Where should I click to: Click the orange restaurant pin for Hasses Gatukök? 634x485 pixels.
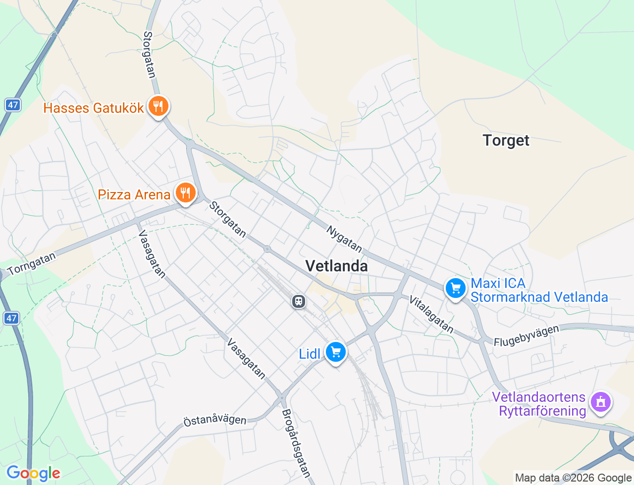[158, 106]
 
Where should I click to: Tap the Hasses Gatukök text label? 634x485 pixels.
[94, 108]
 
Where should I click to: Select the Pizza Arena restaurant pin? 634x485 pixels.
[186, 193]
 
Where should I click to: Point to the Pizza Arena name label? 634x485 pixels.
[134, 194]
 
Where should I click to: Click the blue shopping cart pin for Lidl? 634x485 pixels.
[336, 352]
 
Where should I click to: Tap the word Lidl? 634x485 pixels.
[310, 354]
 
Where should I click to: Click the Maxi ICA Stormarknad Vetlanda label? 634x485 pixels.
[539, 290]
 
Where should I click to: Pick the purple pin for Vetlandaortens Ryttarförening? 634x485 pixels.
[601, 402]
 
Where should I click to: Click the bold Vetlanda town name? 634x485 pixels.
[336, 266]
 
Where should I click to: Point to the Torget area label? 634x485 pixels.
[506, 141]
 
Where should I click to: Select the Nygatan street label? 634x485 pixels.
[344, 239]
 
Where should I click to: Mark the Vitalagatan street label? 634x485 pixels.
[431, 314]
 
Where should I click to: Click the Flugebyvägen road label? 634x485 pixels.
[526, 335]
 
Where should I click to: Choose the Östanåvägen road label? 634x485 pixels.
[214, 420]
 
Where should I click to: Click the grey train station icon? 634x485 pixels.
[299, 301]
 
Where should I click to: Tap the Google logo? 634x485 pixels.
[33, 473]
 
